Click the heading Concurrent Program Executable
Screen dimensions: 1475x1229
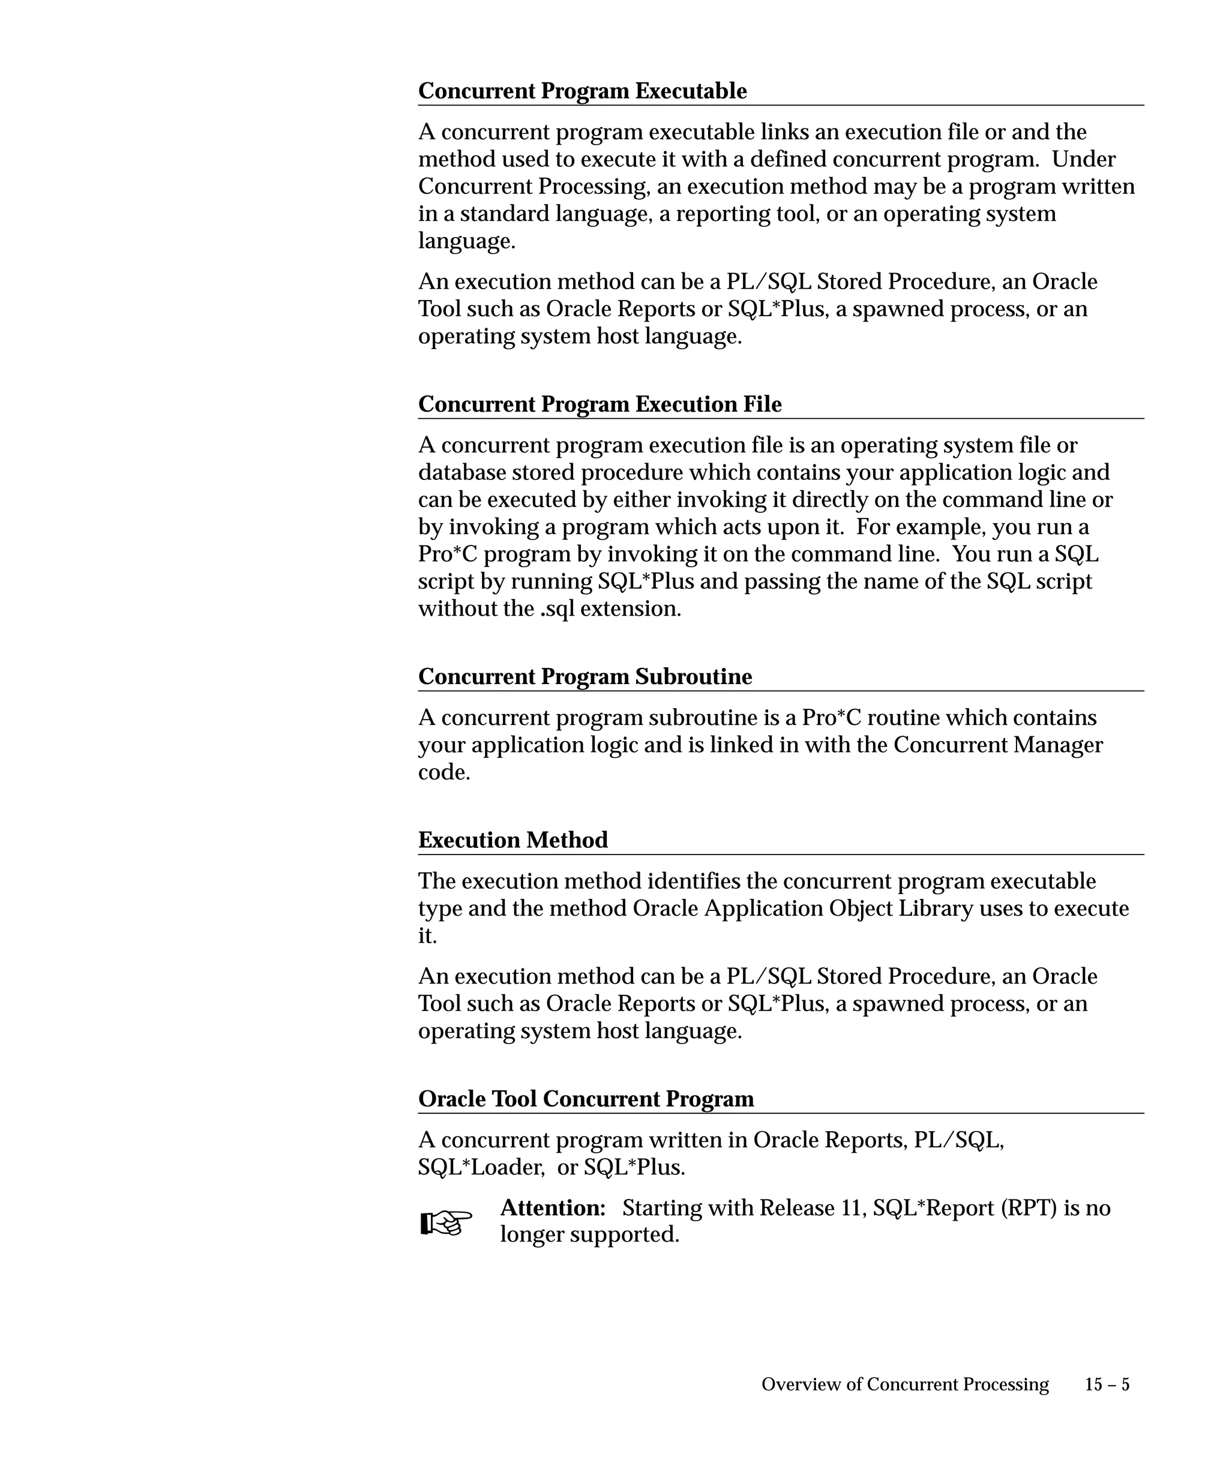(582, 91)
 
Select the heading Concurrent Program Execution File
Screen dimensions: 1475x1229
(599, 404)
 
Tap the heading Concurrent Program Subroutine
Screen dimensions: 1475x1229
(585, 676)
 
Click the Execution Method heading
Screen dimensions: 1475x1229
(512, 840)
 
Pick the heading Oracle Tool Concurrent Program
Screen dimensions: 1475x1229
(586, 1099)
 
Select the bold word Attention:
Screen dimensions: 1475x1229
(553, 1208)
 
